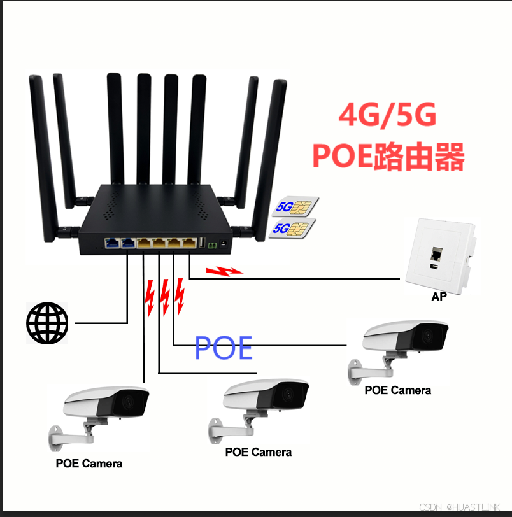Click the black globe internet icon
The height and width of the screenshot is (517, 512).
[x=46, y=323]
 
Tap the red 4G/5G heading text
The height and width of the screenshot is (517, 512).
[x=387, y=116]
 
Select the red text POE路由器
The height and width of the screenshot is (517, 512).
[x=388, y=156]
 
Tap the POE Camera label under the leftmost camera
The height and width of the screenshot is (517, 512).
[x=89, y=463]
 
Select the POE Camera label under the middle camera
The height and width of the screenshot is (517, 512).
[x=259, y=452]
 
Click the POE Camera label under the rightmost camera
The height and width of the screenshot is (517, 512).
[x=397, y=390]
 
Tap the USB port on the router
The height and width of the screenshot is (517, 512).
[x=203, y=244]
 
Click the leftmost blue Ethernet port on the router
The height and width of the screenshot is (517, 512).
[x=111, y=243]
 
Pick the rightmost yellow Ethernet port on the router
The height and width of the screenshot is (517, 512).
[x=189, y=243]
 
